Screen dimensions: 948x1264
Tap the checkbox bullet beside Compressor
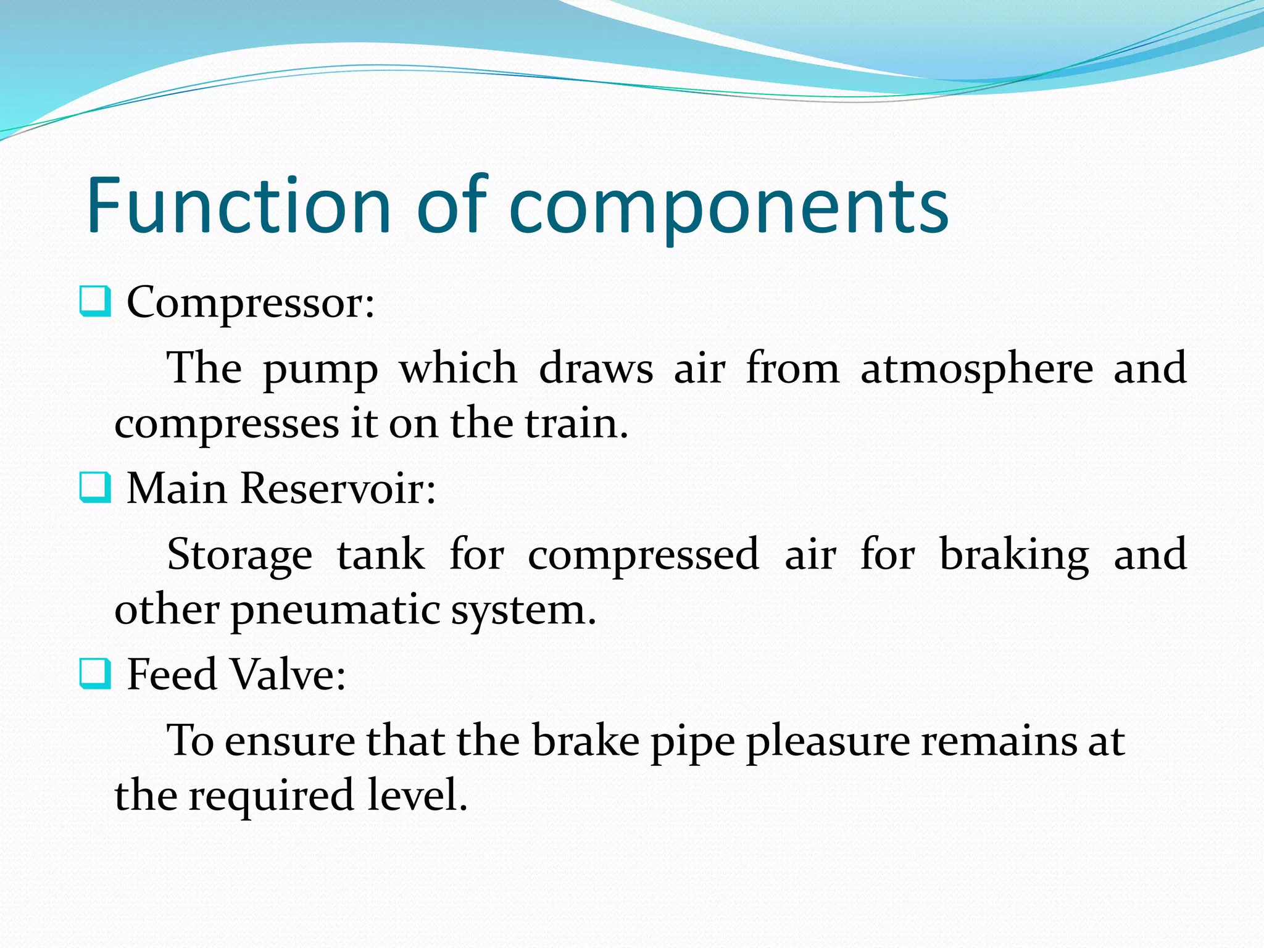point(95,301)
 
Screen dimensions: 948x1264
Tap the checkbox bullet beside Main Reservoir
point(95,488)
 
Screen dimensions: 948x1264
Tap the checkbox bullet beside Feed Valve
point(95,673)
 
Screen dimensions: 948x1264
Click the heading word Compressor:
point(251,304)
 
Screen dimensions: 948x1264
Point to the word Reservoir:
point(338,488)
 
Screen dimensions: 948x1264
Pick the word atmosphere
point(976,369)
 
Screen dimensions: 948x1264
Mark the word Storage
point(239,554)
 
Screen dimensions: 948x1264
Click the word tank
point(380,554)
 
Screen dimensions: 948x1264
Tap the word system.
point(523,611)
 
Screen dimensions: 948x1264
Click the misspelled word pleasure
point(828,742)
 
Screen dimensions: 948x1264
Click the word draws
point(596,369)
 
